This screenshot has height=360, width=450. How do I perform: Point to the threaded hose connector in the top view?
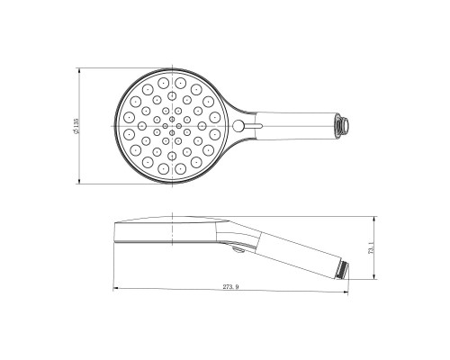point(342,124)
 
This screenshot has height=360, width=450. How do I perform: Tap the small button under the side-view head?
point(232,244)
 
